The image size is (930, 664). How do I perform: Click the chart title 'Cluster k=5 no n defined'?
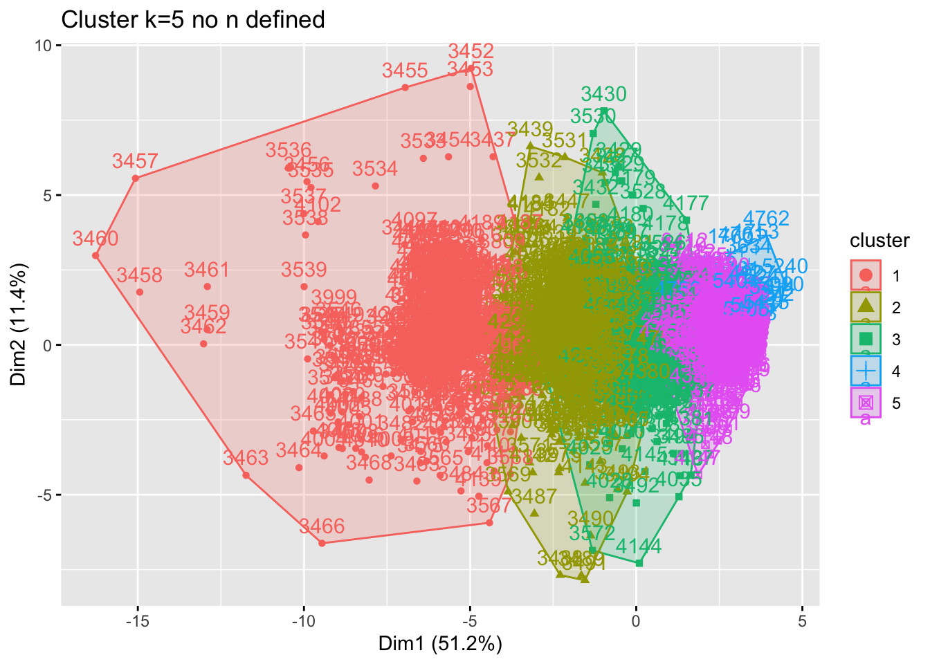click(x=193, y=19)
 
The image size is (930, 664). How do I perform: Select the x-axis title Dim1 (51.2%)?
click(x=439, y=644)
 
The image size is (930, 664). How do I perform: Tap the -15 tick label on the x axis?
click(x=137, y=620)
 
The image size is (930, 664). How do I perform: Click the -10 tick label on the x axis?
click(x=303, y=620)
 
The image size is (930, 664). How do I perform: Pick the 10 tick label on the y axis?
click(x=44, y=46)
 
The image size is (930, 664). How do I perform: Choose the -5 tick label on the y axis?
click(x=44, y=495)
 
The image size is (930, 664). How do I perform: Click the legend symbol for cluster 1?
click(x=866, y=276)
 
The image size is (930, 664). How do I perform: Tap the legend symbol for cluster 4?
click(x=866, y=371)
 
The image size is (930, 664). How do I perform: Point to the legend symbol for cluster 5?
click(x=866, y=403)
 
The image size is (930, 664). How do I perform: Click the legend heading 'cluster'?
click(x=879, y=241)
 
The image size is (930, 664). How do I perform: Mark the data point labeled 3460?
click(x=95, y=255)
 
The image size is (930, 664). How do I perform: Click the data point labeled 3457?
click(x=136, y=178)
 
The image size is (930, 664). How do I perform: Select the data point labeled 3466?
click(x=322, y=544)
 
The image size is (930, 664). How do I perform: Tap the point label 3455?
click(x=405, y=71)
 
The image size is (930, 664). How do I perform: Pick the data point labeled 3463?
click(x=246, y=475)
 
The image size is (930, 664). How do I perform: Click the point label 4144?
click(x=638, y=546)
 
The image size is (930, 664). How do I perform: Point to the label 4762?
click(x=765, y=220)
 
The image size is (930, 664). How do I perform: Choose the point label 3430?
click(x=603, y=94)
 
